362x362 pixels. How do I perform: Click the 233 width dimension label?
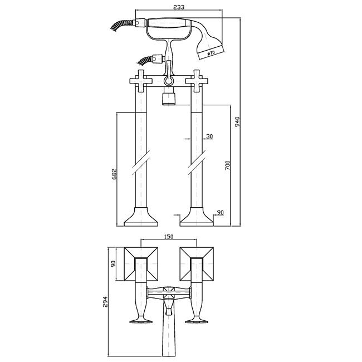tap(179, 7)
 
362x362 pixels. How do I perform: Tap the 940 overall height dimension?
tap(237, 121)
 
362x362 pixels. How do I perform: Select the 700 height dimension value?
tap(228, 165)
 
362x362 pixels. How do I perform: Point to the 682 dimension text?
tap(115, 174)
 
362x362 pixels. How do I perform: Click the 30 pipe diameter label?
tap(209, 136)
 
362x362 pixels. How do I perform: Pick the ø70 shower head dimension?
tap(211, 53)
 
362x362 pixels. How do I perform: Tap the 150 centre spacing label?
tap(169, 237)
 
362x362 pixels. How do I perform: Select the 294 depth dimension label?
tap(105, 302)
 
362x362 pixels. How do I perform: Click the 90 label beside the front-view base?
tap(221, 212)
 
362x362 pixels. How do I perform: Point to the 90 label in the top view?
tap(113, 264)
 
